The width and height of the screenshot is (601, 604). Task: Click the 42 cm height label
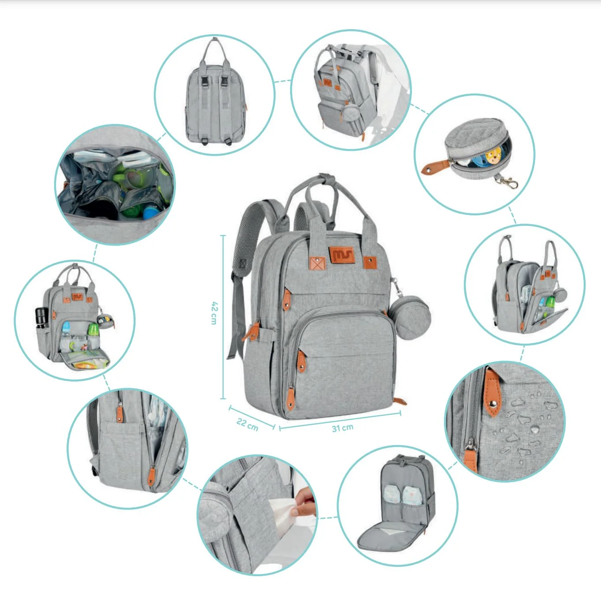coord(214,313)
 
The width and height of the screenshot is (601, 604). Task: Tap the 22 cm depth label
coord(247,424)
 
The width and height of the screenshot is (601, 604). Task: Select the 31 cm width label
coord(343,428)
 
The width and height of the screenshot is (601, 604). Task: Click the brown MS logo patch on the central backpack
coord(341,255)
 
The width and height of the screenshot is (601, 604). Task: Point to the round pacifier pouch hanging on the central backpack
coord(409,317)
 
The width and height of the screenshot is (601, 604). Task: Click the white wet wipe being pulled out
coord(282,512)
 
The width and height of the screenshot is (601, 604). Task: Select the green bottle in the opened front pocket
coord(93,330)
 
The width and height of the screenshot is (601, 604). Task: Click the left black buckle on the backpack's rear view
coord(205,81)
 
